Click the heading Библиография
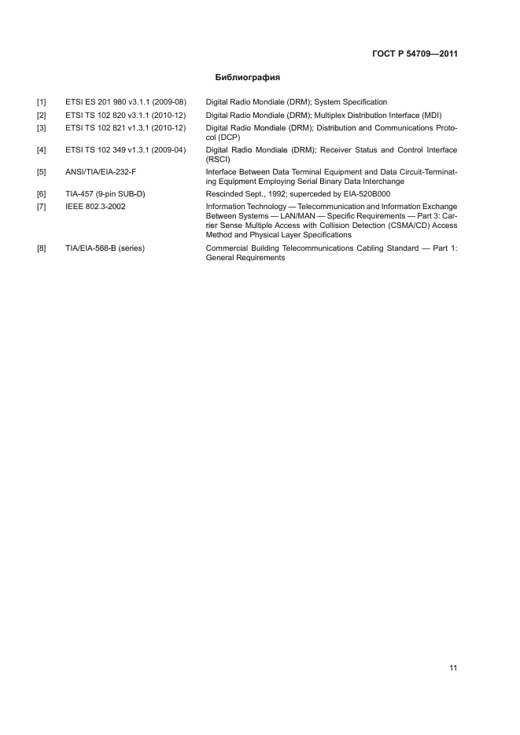click(248, 78)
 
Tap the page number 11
click(453, 668)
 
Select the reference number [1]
click(41, 103)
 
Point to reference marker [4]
click(41, 149)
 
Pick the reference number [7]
click(41, 206)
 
